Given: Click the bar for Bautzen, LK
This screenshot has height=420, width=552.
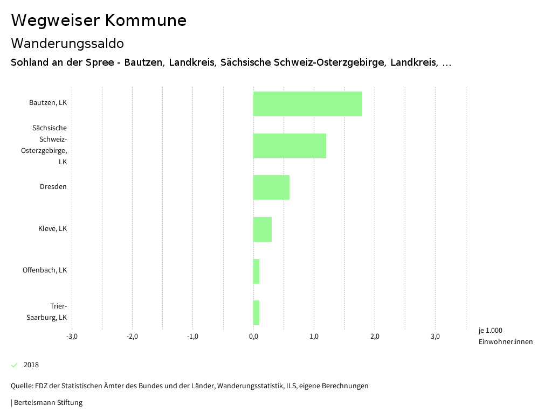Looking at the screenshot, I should pyautogui.click(x=307, y=104).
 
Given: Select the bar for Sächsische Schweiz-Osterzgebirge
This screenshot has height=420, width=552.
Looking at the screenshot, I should pyautogui.click(x=289, y=146).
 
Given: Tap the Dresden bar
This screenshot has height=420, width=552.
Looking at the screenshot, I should pyautogui.click(x=271, y=187).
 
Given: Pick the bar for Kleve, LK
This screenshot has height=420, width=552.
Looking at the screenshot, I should pyautogui.click(x=263, y=229).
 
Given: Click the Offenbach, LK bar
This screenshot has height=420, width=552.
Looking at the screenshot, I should pyautogui.click(x=257, y=271).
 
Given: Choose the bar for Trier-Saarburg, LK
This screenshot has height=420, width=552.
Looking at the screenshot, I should pyautogui.click(x=257, y=313).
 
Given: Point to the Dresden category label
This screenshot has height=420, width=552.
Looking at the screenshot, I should pyautogui.click(x=53, y=187).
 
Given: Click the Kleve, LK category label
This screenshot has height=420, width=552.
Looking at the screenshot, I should pyautogui.click(x=52, y=228).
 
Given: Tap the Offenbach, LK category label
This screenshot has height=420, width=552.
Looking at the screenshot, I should pyautogui.click(x=45, y=270).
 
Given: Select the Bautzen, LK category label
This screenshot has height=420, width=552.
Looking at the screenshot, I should pyautogui.click(x=48, y=103).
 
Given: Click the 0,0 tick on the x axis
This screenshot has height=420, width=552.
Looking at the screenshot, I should pyautogui.click(x=253, y=337).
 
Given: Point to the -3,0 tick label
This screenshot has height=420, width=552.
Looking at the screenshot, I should pyautogui.click(x=72, y=337).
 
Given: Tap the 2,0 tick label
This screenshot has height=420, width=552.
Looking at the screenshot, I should pyautogui.click(x=375, y=337).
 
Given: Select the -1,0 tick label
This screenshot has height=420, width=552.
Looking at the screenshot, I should pyautogui.click(x=192, y=337).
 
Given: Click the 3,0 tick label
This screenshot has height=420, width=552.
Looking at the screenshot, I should pyautogui.click(x=435, y=337).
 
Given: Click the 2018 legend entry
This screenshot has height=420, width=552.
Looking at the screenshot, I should pyautogui.click(x=31, y=365).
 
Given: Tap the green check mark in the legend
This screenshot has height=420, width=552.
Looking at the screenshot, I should pyautogui.click(x=15, y=365).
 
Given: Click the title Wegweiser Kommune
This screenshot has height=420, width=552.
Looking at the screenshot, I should pyautogui.click(x=99, y=20).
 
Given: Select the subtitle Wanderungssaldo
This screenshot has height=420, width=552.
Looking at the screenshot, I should pyautogui.click(x=67, y=43).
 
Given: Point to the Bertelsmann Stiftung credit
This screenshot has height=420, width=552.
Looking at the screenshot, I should pyautogui.click(x=47, y=403).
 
